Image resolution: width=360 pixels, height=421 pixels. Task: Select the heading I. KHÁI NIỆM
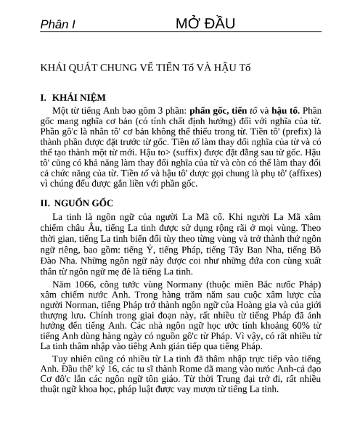tap(73, 97)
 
